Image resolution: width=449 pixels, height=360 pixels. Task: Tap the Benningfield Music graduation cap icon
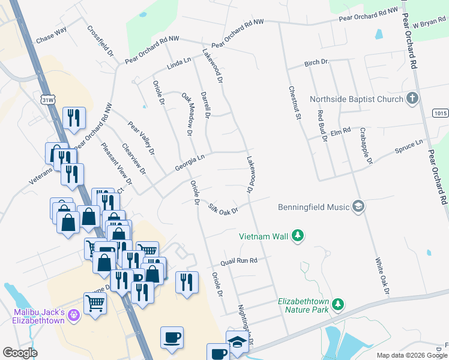click(358, 207)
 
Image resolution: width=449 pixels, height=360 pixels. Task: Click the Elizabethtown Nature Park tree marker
click(338, 305)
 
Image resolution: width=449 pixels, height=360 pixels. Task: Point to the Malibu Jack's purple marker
click(73, 314)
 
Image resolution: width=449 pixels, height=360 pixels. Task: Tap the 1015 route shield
click(440, 113)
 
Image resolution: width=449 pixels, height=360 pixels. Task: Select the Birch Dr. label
click(317, 62)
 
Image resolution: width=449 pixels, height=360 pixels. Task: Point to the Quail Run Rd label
click(238, 261)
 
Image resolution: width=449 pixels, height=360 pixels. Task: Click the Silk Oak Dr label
click(223, 209)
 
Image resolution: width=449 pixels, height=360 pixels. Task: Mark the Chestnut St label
click(294, 103)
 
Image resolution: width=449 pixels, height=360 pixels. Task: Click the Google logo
click(20, 353)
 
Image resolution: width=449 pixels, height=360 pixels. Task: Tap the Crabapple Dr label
click(366, 145)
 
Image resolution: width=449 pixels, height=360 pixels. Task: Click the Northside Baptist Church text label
click(356, 99)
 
